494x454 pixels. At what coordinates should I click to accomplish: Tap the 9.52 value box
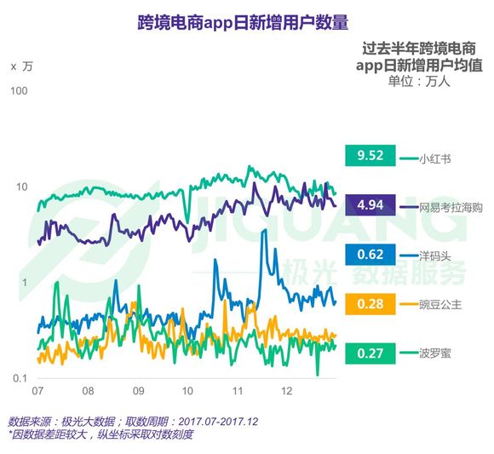tap(371, 156)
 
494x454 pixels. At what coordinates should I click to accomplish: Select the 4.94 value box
tap(371, 205)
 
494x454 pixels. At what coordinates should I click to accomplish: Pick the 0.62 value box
tap(371, 254)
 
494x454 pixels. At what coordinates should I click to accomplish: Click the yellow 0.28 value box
tap(371, 303)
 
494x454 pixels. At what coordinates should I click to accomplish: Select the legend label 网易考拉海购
tap(451, 206)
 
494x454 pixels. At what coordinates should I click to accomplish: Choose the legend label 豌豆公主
tap(441, 304)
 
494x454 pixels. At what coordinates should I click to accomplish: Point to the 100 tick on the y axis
tap(19, 91)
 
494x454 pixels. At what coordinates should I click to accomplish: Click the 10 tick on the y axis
tap(22, 187)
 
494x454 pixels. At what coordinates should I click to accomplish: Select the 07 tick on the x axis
tap(37, 392)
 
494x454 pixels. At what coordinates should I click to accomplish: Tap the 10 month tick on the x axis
tap(188, 392)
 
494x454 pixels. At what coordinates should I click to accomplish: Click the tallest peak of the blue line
tap(263, 233)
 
